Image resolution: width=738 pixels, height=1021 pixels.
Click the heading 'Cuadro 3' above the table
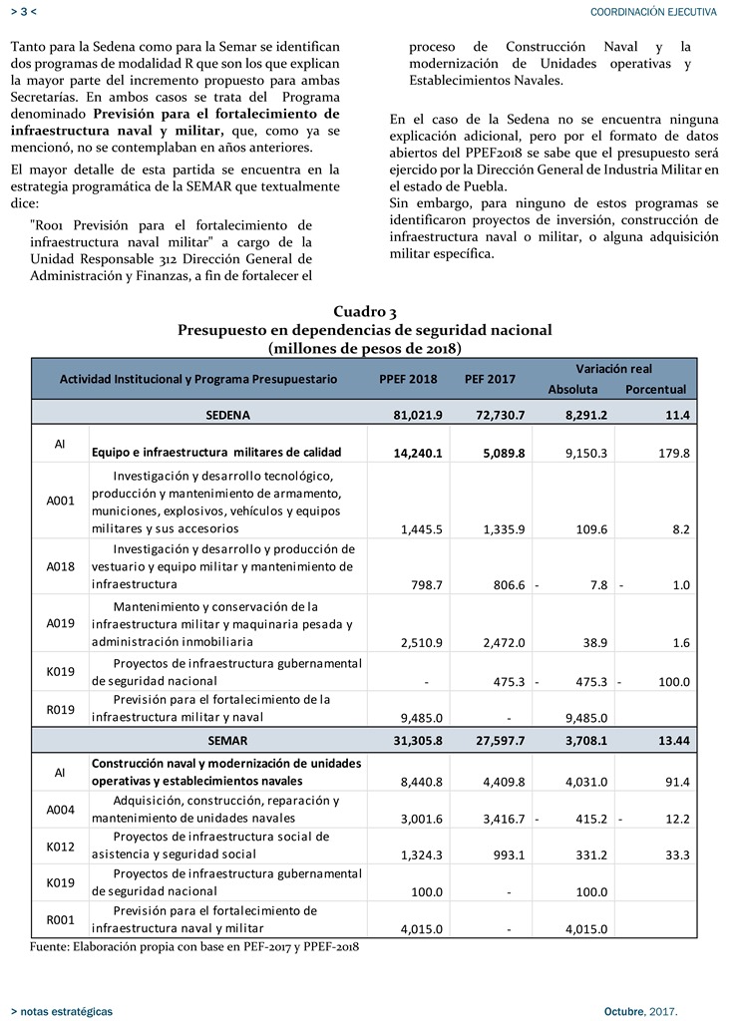[364, 312]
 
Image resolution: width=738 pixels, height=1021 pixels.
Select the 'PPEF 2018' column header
[408, 379]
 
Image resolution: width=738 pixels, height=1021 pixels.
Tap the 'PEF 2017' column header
[490, 379]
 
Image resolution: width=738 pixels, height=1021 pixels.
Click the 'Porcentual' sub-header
[655, 389]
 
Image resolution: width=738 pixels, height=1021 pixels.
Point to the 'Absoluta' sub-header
[572, 389]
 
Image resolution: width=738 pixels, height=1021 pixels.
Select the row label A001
[61, 502]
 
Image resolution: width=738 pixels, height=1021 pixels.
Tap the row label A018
[61, 566]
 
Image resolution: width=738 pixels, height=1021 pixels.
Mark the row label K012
[61, 846]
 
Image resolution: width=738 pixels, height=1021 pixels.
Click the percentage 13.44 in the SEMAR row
[671, 741]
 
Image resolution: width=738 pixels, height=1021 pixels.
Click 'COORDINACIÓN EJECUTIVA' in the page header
[653, 11]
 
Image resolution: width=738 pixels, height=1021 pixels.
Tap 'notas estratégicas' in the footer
[66, 1011]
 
